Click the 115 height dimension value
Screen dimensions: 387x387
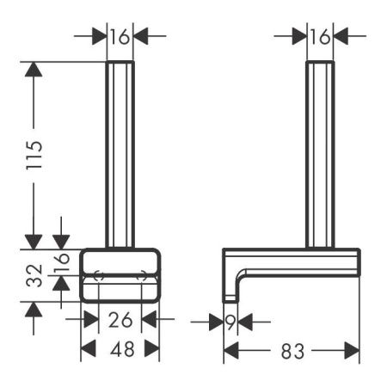[34, 155]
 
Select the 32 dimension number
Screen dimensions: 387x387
[34, 275]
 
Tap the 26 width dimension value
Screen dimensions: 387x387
[120, 321]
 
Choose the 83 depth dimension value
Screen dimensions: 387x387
[292, 350]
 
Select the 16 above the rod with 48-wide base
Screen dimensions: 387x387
[120, 36]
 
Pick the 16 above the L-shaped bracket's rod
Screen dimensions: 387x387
[320, 36]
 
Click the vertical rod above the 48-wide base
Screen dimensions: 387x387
[120, 155]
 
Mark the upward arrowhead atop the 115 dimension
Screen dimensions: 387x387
[34, 70]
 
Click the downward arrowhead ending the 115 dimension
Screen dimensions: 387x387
[34, 240]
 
